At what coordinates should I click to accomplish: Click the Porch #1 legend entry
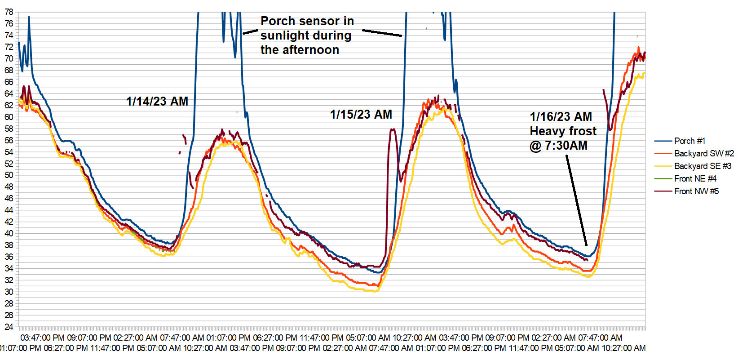coord(689,141)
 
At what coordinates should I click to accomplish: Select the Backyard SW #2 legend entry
coord(704,154)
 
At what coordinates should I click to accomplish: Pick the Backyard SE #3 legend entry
coord(703,166)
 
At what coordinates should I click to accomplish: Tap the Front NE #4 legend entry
coord(695,179)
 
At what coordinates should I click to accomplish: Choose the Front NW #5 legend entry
coord(696,191)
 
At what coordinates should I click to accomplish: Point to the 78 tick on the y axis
coord(9,12)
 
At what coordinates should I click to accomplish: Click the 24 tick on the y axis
coord(9,327)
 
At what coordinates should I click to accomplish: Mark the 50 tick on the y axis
coord(9,175)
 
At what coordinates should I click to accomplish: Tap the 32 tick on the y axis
coord(9,280)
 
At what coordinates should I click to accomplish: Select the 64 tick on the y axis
coord(9,93)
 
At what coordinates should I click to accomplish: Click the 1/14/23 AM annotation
coord(157,102)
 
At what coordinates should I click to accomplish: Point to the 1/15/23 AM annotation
coord(361,115)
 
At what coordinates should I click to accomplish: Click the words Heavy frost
coord(563,131)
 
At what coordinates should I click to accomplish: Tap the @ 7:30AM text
coord(558,146)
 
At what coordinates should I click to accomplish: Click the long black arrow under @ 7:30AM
coord(576,200)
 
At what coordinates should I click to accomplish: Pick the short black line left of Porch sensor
coord(250,32)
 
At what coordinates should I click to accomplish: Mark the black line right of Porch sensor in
coord(382,33)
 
